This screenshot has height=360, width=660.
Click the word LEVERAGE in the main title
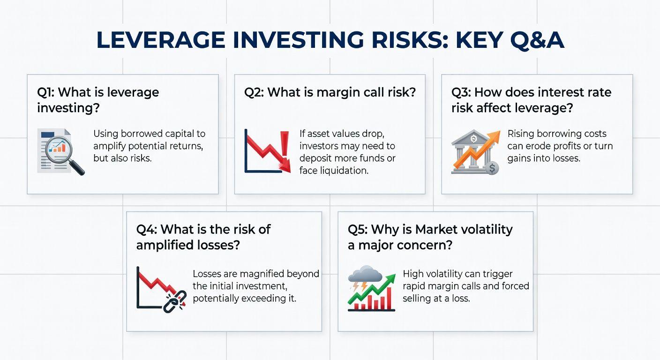coord(161,40)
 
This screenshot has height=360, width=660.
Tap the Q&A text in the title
coord(537,40)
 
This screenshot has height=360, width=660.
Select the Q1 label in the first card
coord(45,92)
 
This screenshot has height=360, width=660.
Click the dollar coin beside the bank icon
coord(492,168)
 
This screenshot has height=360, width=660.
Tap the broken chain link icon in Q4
coord(175,301)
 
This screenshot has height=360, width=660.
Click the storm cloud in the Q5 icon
coord(365,274)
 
